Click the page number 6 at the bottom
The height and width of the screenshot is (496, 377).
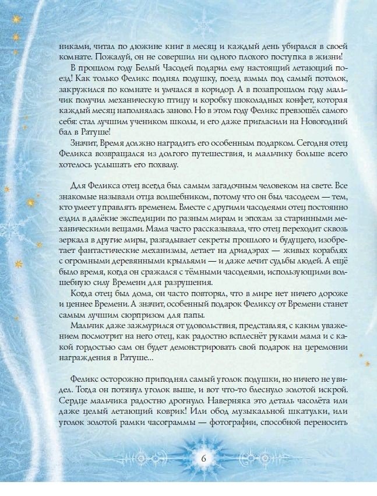tap(204, 457)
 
